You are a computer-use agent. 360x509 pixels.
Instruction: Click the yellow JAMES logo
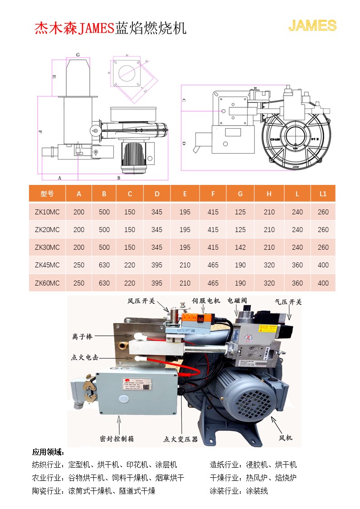tap(312, 26)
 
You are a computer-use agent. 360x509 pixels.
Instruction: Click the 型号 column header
tap(47, 194)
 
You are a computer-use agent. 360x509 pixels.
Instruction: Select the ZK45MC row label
tap(47, 265)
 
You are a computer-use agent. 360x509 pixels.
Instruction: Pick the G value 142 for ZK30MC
tap(240, 247)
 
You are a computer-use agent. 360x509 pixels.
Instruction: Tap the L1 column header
tap(323, 194)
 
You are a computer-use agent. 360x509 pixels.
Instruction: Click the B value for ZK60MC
tap(104, 283)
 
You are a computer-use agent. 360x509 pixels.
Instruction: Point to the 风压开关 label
tap(141, 301)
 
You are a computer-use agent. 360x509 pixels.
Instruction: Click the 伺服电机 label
tap(206, 301)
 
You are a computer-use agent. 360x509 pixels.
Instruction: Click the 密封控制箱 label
tap(117, 439)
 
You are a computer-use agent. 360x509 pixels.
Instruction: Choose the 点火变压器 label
tap(180, 439)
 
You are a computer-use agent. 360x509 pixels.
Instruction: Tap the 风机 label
tap(286, 438)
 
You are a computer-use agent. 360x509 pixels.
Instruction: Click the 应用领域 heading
tap(48, 452)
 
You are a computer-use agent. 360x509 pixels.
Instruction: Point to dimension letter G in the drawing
tap(78, 54)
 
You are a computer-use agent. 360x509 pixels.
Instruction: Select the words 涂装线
tap(257, 491)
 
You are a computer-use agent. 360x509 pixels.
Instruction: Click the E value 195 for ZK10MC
tap(185, 212)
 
